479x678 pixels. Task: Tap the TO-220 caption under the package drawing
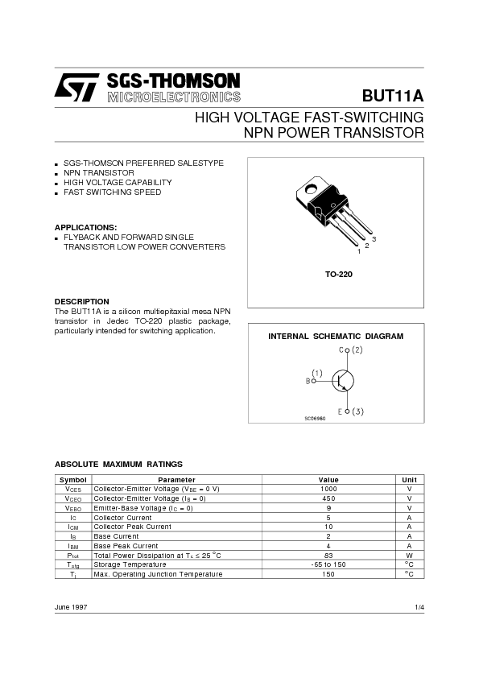click(339, 275)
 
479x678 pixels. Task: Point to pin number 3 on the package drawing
click(374, 240)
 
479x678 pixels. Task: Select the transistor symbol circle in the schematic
click(345, 381)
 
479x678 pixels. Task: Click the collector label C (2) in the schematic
click(351, 350)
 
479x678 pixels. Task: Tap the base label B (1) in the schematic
click(314, 377)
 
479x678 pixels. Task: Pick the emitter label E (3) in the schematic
click(351, 411)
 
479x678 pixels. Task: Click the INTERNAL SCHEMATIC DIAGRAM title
click(336, 336)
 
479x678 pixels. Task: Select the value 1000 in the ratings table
click(328, 489)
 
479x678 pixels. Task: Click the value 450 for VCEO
click(328, 498)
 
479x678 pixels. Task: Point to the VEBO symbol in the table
click(73, 508)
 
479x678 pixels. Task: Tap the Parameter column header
click(176, 479)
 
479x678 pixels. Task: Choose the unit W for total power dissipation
click(409, 555)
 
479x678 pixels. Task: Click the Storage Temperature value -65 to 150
click(328, 564)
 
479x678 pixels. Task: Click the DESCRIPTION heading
click(81, 301)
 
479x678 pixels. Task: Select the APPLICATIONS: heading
click(85, 227)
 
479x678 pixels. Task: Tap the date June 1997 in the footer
click(71, 606)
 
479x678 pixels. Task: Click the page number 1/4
click(419, 606)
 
